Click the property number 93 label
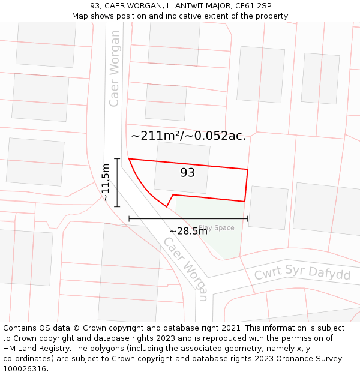187,173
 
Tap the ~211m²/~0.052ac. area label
188,136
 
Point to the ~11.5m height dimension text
106,182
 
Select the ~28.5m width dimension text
188,231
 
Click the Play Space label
217,228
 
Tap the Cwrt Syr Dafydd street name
302,273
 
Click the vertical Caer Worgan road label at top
114,68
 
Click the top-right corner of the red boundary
247,169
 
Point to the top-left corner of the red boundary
129,159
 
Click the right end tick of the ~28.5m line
247,219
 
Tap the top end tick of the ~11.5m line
117,159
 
